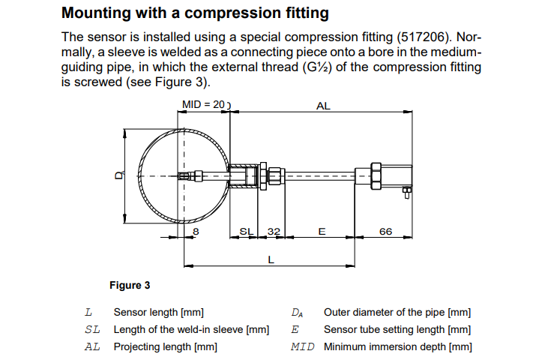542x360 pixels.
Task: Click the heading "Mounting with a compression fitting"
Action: [195, 13]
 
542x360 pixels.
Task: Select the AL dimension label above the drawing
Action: [323, 106]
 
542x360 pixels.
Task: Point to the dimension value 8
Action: [196, 232]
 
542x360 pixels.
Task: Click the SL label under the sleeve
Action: [245, 232]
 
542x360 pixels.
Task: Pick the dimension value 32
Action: [273, 232]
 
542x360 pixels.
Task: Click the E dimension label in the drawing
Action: [322, 232]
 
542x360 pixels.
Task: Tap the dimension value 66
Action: [385, 232]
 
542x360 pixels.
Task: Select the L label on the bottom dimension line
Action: [271, 259]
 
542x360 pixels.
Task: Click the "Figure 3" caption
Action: [130, 285]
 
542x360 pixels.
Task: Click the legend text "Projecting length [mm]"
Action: [166, 346]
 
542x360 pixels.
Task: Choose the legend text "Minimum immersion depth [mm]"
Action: [398, 346]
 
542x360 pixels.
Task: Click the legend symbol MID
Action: [303, 346]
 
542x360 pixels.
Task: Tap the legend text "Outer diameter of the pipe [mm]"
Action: [397, 312]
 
